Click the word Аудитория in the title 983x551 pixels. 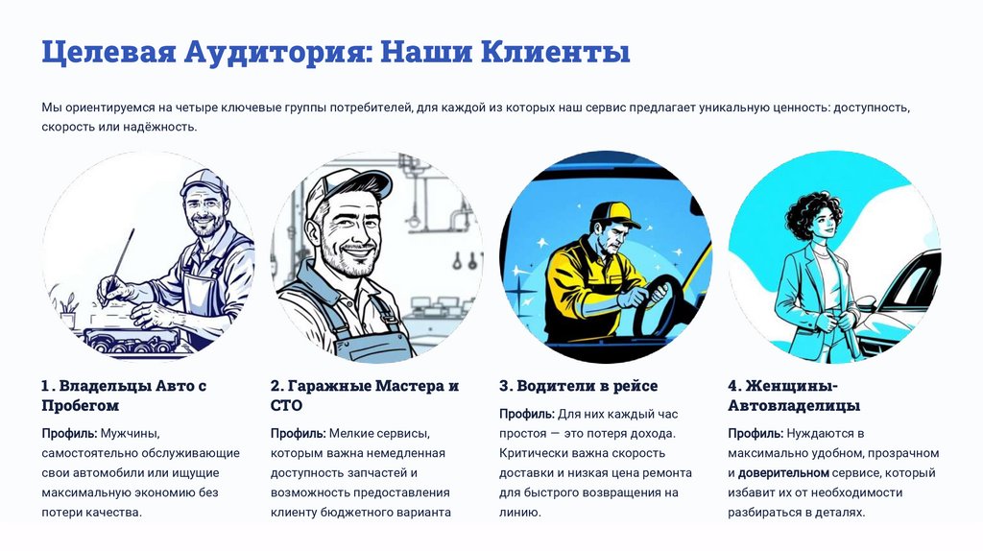274,52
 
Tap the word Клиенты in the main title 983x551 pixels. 556,52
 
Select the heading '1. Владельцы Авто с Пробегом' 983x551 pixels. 124,395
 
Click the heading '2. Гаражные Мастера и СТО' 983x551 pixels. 365,395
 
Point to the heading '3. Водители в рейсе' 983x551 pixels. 579,386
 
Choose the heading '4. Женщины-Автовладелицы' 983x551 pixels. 794,395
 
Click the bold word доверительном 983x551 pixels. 783,472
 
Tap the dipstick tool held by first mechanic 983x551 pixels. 120,260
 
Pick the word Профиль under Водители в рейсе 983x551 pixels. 527,414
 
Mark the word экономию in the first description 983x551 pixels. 149,492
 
